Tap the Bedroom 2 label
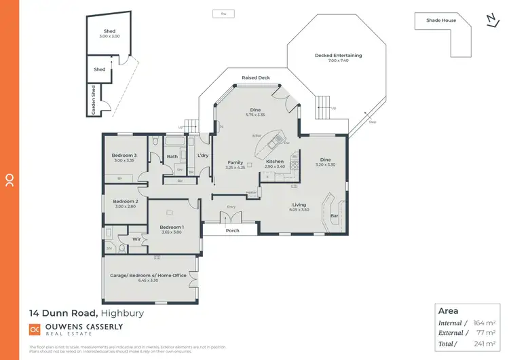(x=126, y=201)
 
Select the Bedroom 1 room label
(x=171, y=227)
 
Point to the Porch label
(x=232, y=231)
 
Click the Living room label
(x=299, y=204)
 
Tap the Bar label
(x=334, y=217)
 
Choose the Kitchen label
(x=275, y=161)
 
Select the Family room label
(x=235, y=162)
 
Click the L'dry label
(x=202, y=156)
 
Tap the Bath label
(x=172, y=157)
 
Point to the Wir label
(x=136, y=238)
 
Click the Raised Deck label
(x=256, y=78)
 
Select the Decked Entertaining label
(x=338, y=55)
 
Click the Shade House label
(x=441, y=20)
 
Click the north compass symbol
(x=492, y=20)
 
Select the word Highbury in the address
(x=122, y=313)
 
